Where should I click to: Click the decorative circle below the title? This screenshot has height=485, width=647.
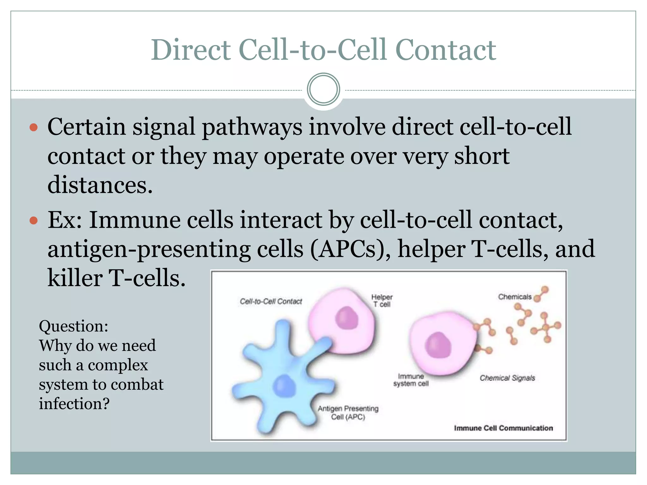[x=323, y=89]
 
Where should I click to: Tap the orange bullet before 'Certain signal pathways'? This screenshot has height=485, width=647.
[x=33, y=128]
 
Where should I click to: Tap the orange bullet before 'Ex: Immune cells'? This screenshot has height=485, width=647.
[x=33, y=220]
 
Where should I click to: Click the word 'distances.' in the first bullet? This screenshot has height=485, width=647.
[x=100, y=185]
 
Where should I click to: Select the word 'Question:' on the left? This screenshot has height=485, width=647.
[x=73, y=326]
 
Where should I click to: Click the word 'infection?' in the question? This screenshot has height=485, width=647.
[x=74, y=404]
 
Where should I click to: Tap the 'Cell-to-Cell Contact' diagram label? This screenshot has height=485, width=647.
[x=271, y=302]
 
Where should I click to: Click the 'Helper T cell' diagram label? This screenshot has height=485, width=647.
[x=382, y=301]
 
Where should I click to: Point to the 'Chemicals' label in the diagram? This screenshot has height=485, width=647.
[x=515, y=297]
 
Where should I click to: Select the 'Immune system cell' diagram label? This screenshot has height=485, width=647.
[x=411, y=380]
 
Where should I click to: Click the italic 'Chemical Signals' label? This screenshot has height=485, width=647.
[x=507, y=378]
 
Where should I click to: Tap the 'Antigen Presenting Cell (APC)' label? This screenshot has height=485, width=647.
[x=348, y=413]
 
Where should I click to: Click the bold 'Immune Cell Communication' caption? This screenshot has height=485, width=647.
[x=503, y=428]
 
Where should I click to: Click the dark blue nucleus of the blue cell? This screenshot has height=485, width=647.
[x=284, y=386]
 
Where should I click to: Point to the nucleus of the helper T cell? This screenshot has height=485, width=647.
[x=347, y=318]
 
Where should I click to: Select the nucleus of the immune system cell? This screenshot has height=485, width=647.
[x=438, y=345]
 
